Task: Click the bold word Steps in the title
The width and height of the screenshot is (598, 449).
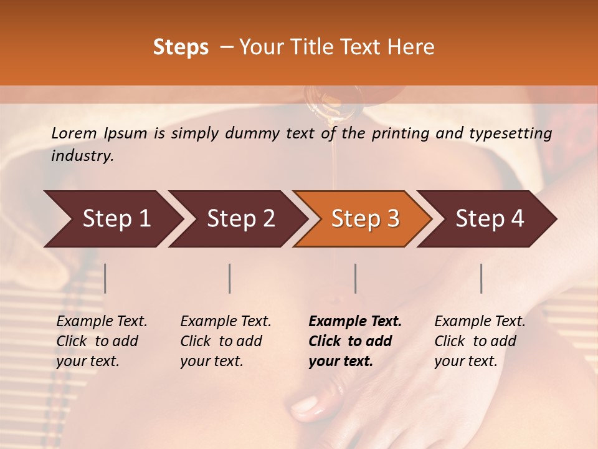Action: (x=181, y=47)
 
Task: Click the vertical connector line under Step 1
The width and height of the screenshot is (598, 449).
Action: (x=105, y=278)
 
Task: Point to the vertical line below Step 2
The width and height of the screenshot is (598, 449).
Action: (x=230, y=278)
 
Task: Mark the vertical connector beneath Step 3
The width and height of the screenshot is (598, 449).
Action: (x=356, y=278)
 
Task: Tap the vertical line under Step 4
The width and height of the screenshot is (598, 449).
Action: (x=482, y=278)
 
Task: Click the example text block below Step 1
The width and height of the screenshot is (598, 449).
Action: (x=101, y=341)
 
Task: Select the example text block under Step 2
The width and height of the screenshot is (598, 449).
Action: (x=225, y=341)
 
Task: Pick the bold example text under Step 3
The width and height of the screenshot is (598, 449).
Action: (x=354, y=341)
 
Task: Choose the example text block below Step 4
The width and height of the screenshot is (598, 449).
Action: (x=479, y=341)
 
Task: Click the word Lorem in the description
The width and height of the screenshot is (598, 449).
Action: (x=74, y=133)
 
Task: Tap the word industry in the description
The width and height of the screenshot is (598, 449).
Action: (x=82, y=156)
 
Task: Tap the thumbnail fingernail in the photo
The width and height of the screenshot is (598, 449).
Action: (x=305, y=407)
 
